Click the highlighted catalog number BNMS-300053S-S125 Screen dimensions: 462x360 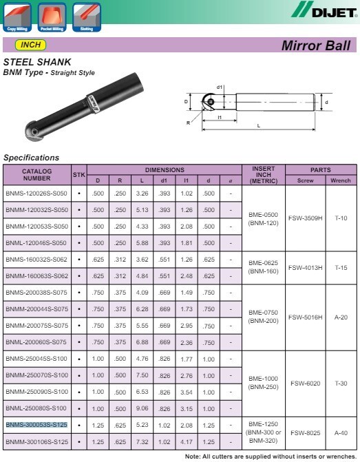(36, 425)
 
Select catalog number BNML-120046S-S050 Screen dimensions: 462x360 (36, 243)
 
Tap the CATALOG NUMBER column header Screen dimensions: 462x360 (36, 174)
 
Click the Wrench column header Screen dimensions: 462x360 (341, 180)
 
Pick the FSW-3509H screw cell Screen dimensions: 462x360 (305, 218)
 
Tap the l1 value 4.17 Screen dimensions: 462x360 (186, 441)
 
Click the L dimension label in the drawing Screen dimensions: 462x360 (258, 126)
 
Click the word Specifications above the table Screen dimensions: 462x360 (31, 158)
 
